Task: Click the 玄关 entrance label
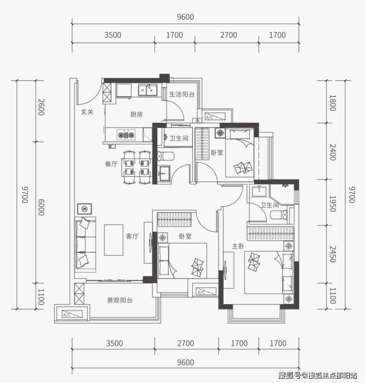point(87,112)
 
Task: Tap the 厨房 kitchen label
point(136,114)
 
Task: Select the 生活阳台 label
point(182,95)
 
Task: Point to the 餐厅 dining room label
point(111,164)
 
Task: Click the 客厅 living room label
point(132,236)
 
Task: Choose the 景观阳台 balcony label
point(120,300)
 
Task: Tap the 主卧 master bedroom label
point(238,246)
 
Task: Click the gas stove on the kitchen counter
point(126,134)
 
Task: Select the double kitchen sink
point(147,90)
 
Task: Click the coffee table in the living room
point(113,240)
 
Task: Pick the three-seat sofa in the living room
point(85,244)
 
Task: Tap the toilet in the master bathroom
point(279,215)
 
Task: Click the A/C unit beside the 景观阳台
point(72,314)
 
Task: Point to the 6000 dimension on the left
point(41,207)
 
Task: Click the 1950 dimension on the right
point(332,204)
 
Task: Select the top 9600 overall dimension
point(185,17)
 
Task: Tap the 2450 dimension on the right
point(332,254)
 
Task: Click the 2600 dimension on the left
point(41,107)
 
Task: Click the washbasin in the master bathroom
point(259,191)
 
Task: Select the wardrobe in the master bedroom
point(270,233)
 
